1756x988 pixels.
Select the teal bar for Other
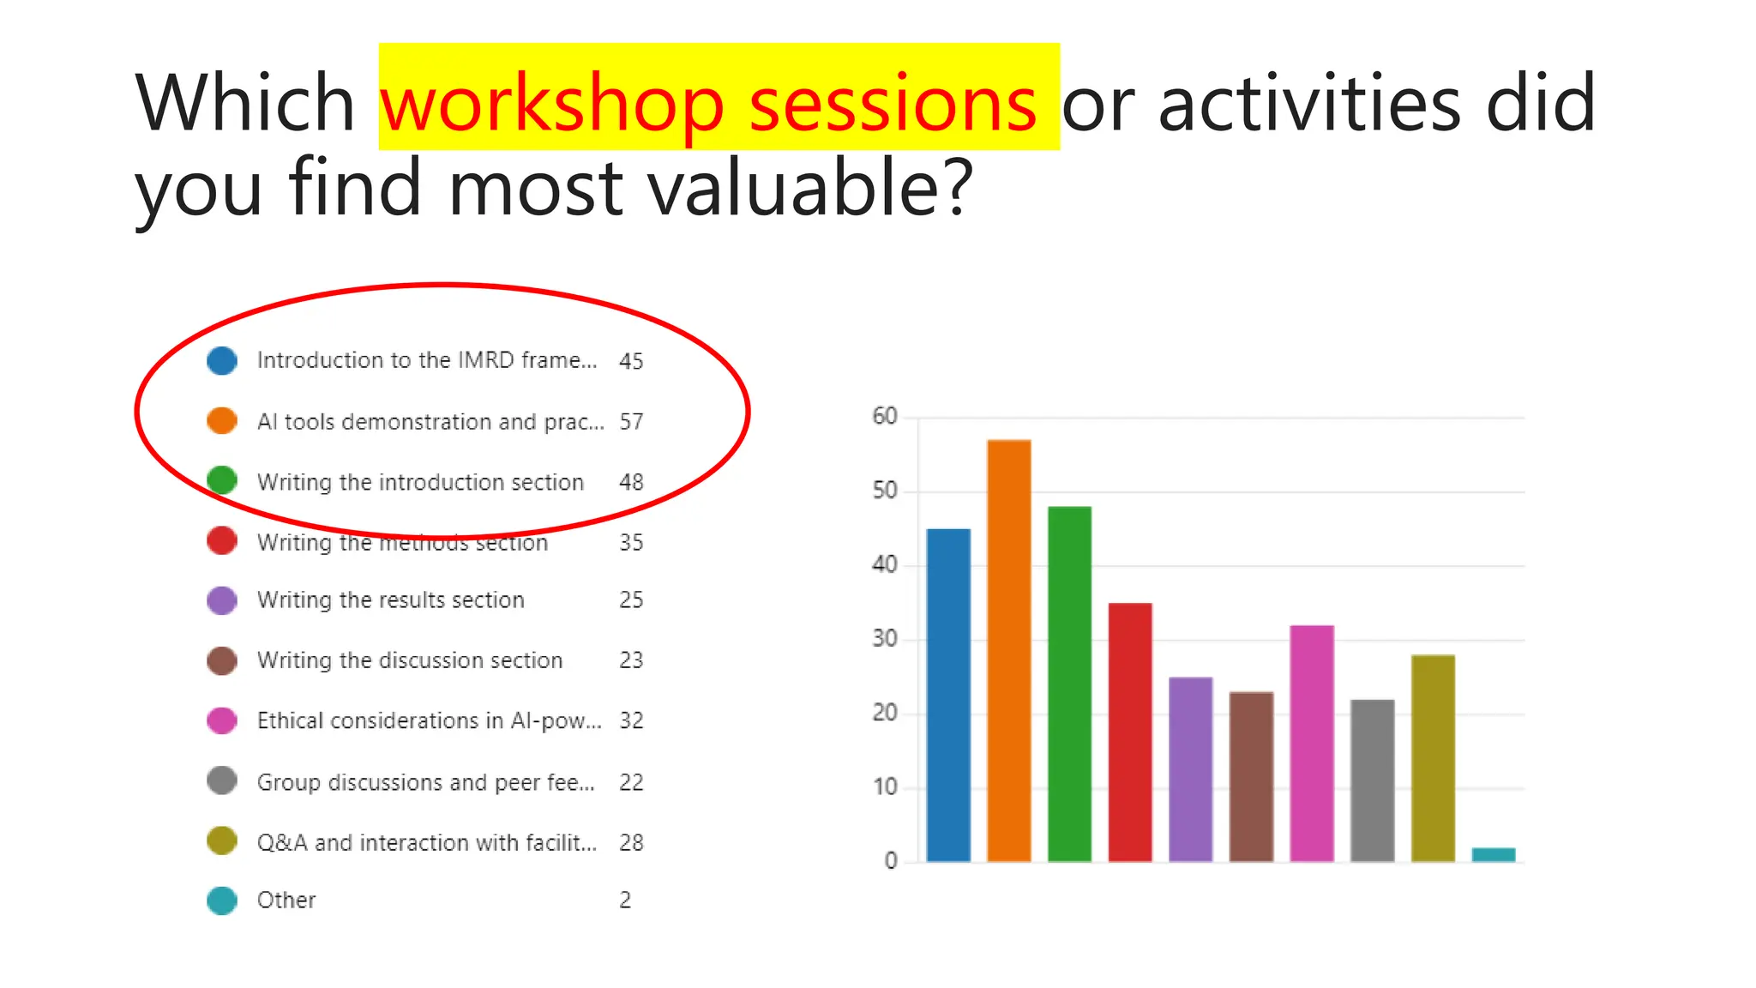click(1493, 854)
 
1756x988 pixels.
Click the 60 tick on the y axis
click(885, 417)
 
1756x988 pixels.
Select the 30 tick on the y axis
click(885, 639)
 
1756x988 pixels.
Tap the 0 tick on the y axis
click(891, 861)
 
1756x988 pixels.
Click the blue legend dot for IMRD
click(222, 361)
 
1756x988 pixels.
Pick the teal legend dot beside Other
click(222, 901)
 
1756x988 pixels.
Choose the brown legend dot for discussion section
click(222, 660)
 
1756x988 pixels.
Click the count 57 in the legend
click(631, 422)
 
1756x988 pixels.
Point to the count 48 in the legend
click(631, 482)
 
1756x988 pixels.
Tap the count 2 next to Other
click(625, 901)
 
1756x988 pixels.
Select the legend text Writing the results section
click(390, 600)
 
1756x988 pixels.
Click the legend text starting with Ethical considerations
click(429, 720)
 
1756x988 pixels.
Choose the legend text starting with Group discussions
click(425, 782)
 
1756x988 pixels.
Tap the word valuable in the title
click(797, 188)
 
